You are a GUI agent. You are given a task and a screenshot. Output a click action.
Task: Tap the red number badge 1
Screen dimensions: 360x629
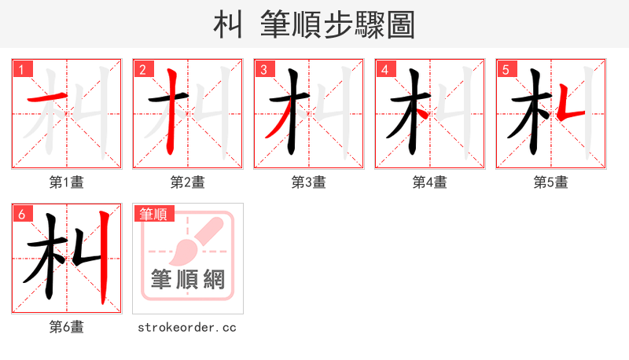22,69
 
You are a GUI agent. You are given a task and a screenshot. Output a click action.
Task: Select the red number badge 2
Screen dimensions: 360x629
143,69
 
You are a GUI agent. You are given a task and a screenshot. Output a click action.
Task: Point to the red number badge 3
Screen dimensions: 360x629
264,69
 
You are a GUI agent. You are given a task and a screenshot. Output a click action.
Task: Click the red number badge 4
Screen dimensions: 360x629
385,69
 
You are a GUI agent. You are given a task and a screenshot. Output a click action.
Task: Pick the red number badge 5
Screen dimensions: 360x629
506,69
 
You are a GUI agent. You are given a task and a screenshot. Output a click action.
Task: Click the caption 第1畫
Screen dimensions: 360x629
67,182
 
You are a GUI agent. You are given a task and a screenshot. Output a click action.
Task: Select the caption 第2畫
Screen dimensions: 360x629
188,182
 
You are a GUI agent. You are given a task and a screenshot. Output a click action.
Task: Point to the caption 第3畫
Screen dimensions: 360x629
309,182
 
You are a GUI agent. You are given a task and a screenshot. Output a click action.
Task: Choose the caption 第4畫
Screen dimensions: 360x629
430,182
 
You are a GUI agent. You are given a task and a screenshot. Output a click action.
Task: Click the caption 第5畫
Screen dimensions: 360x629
551,182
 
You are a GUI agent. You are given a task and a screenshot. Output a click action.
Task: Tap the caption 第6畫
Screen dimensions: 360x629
67,327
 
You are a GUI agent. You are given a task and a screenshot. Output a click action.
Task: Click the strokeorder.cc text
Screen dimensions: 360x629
188,327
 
